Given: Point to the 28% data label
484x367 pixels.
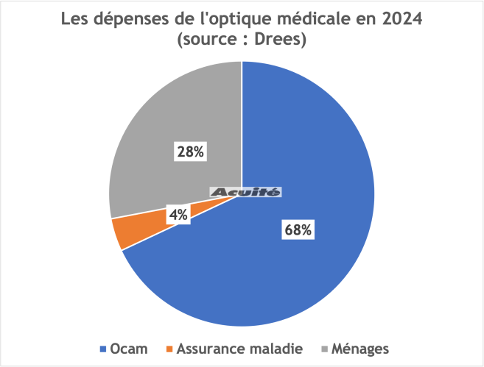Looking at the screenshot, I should click(x=190, y=152).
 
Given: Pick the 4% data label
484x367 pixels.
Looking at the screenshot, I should click(x=179, y=214).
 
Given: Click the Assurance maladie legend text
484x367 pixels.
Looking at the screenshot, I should click(x=235, y=347).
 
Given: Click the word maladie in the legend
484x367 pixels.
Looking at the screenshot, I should click(x=274, y=347).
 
